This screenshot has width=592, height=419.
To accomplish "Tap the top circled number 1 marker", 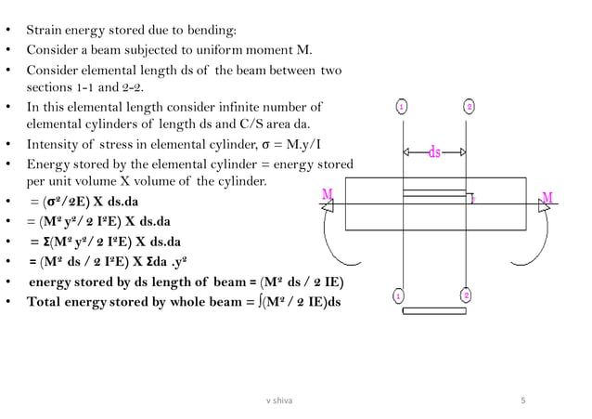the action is (401, 107).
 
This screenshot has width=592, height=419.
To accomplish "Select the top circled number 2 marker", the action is (470, 107).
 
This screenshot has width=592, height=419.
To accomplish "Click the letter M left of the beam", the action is (328, 194).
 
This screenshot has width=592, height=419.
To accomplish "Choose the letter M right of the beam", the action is (548, 197).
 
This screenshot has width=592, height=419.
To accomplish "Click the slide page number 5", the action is (524, 400).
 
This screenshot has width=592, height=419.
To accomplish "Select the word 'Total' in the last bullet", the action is (45, 302).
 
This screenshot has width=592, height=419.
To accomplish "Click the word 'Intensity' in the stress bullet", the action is (55, 144).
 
